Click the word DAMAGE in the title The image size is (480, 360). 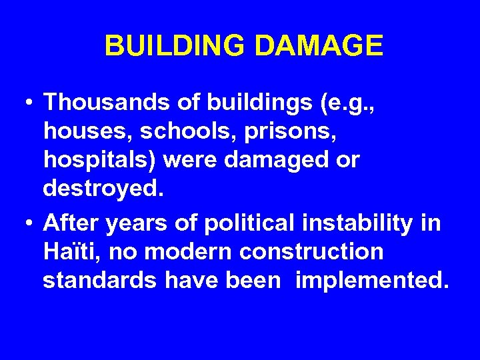pyautogui.click(x=318, y=46)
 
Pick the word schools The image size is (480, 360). pyautogui.click(x=181, y=131)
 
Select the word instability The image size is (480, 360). pyautogui.click(x=353, y=223)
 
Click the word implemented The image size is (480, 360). pyautogui.click(x=370, y=281)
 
